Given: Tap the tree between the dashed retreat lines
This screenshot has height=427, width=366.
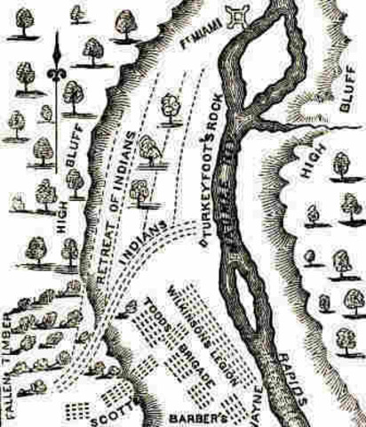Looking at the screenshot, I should click(168, 109).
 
